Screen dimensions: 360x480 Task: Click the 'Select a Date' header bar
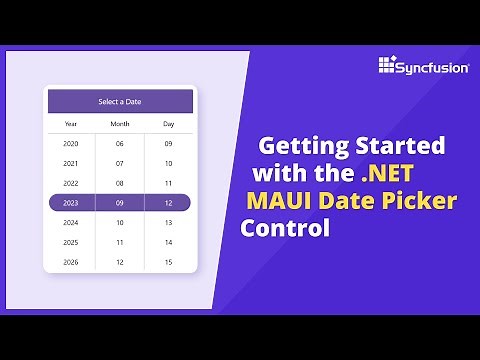pos(120,102)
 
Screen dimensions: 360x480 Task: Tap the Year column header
pos(71,124)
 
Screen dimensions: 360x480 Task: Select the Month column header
pos(120,124)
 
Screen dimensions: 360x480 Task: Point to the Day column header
pos(168,124)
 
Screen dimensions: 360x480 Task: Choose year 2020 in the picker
pos(71,143)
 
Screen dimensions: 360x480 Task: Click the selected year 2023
pos(71,202)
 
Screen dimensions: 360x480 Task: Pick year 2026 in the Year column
pos(71,262)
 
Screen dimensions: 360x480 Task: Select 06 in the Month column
pos(120,143)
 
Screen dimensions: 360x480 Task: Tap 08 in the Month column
pos(120,183)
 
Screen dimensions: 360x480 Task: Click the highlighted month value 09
pos(120,202)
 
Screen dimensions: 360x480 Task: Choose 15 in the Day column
pos(168,262)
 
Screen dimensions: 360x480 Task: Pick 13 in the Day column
pos(168,223)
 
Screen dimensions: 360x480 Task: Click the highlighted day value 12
pos(168,202)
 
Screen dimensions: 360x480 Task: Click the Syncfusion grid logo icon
pos(389,66)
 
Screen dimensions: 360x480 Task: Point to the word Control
pos(285,227)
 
